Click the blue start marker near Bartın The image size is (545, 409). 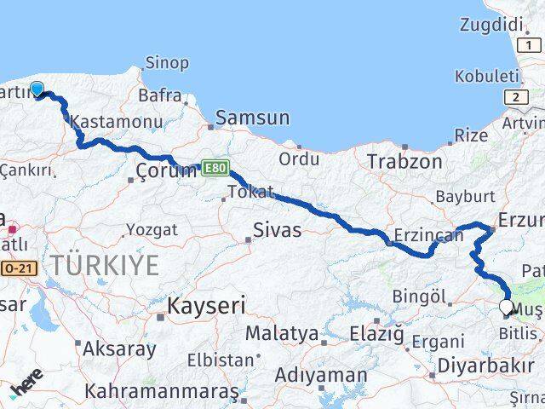pyautogui.click(x=37, y=88)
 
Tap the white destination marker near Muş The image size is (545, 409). pyautogui.click(x=507, y=307)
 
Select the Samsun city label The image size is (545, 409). pyautogui.click(x=252, y=118)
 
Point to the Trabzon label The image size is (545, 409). pyautogui.click(x=404, y=161)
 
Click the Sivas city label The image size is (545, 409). pyautogui.click(x=277, y=229)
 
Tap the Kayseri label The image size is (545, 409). pyautogui.click(x=207, y=305)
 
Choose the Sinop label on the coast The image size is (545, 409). pyautogui.click(x=167, y=63)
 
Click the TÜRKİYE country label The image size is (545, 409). pyautogui.click(x=104, y=266)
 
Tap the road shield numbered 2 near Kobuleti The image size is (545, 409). pyautogui.click(x=515, y=98)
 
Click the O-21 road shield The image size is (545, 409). pyautogui.click(x=18, y=268)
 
